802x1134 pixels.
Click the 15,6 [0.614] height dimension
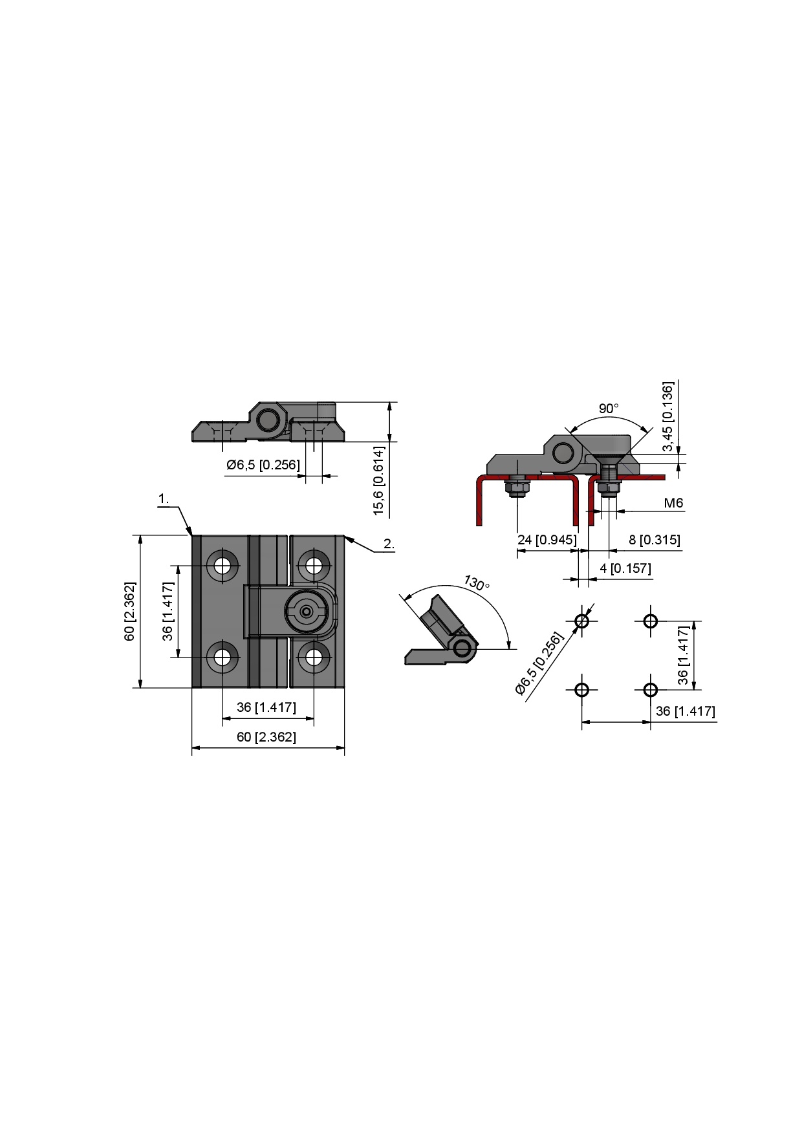(379, 480)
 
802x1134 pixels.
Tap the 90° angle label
(609, 409)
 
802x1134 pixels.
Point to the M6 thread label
(673, 503)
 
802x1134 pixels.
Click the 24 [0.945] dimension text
(547, 539)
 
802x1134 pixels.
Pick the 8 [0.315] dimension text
(655, 539)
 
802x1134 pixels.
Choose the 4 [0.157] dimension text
(625, 568)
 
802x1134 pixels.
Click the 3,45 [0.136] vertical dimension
(668, 417)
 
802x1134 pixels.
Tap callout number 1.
(164, 498)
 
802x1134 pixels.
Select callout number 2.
(389, 544)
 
